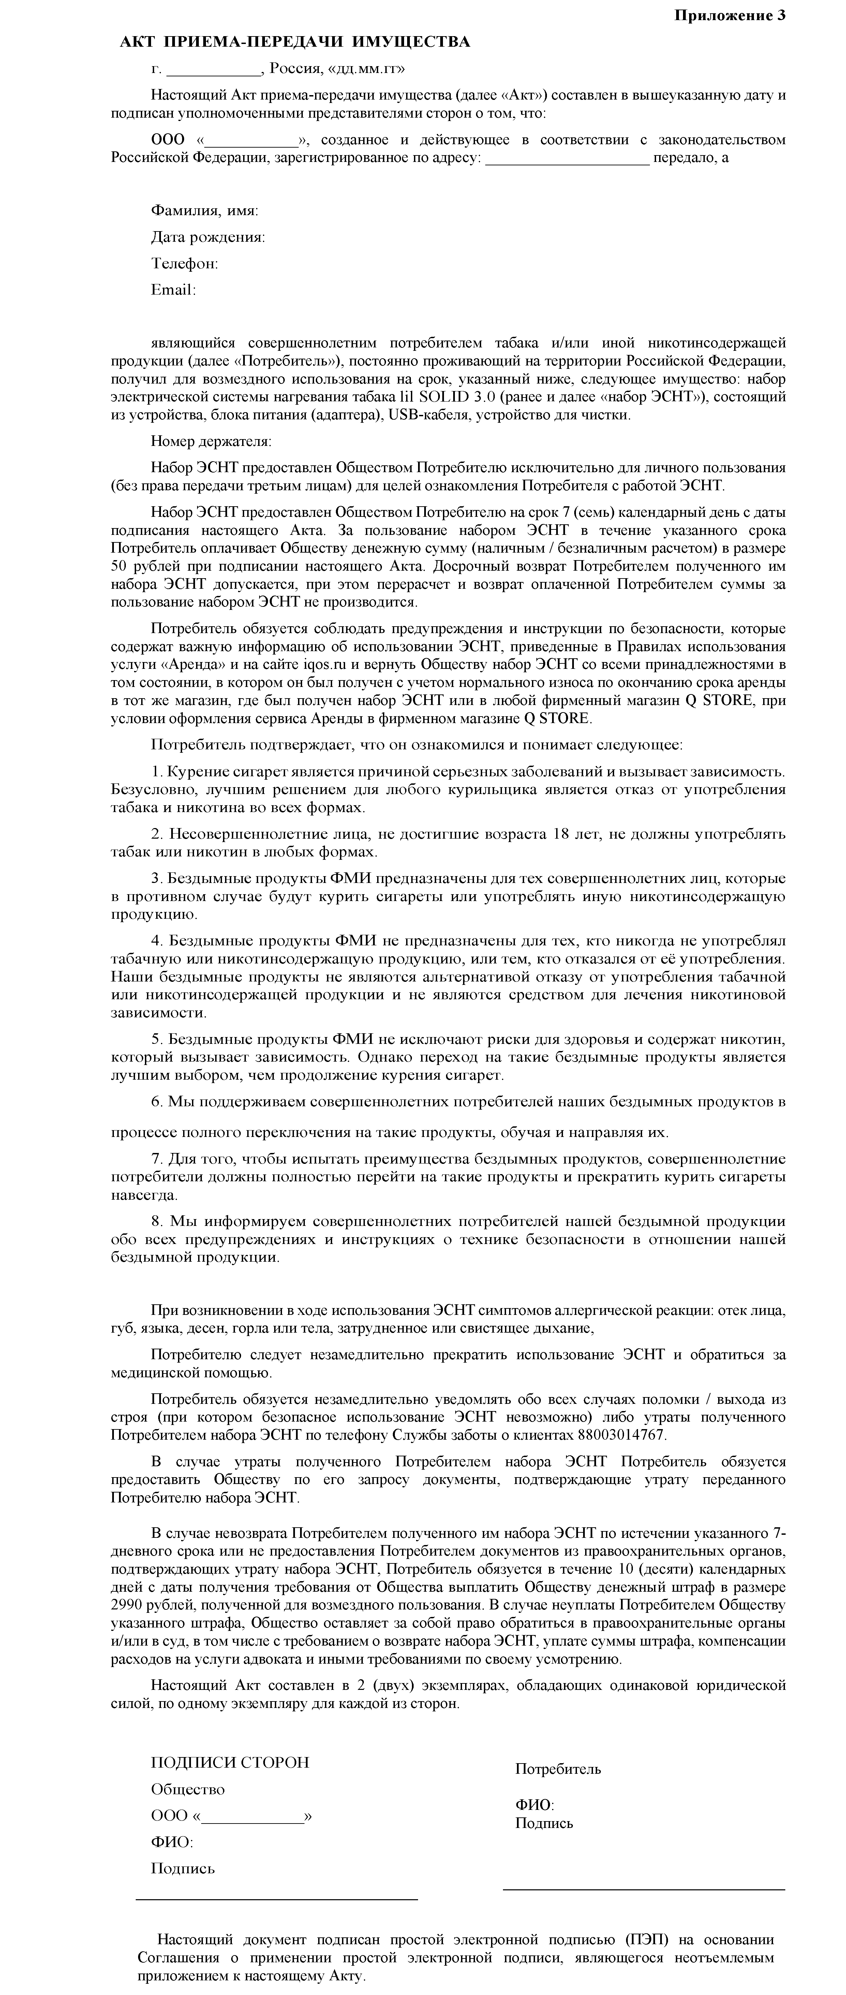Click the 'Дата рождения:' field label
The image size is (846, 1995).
[x=208, y=237]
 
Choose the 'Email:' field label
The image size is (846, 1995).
[x=174, y=290]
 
